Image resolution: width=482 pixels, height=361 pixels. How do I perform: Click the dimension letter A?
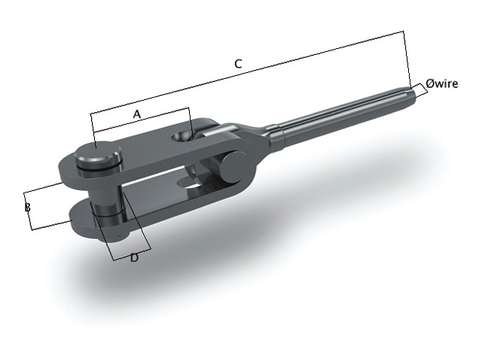[x=137, y=114]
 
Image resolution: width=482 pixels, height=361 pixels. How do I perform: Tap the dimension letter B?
[x=27, y=207]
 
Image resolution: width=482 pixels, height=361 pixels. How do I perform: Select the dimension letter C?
[x=238, y=65]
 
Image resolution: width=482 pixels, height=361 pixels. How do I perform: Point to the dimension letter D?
[x=134, y=258]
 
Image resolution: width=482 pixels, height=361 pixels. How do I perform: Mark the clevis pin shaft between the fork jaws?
[x=106, y=197]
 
